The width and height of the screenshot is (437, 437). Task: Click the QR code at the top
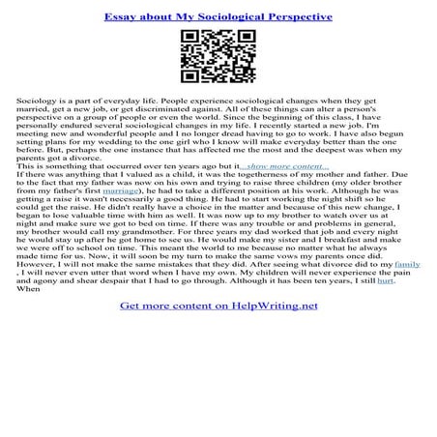pos(218,57)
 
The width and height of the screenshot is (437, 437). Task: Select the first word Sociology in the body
pos(39,101)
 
